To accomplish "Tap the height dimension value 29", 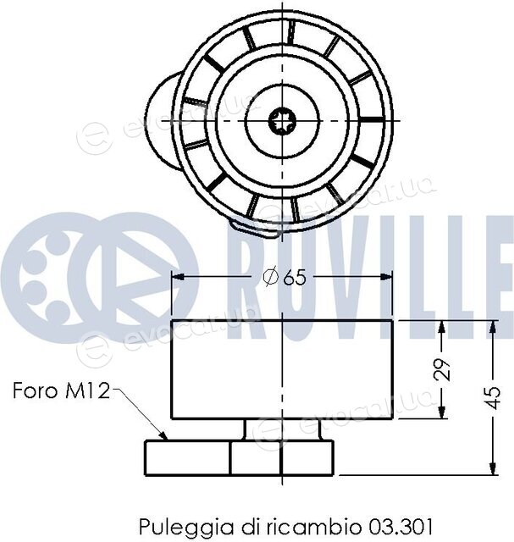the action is (442, 369).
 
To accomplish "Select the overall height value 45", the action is (495, 397).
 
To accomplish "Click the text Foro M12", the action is (61, 390).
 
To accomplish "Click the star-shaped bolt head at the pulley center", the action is (283, 121).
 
